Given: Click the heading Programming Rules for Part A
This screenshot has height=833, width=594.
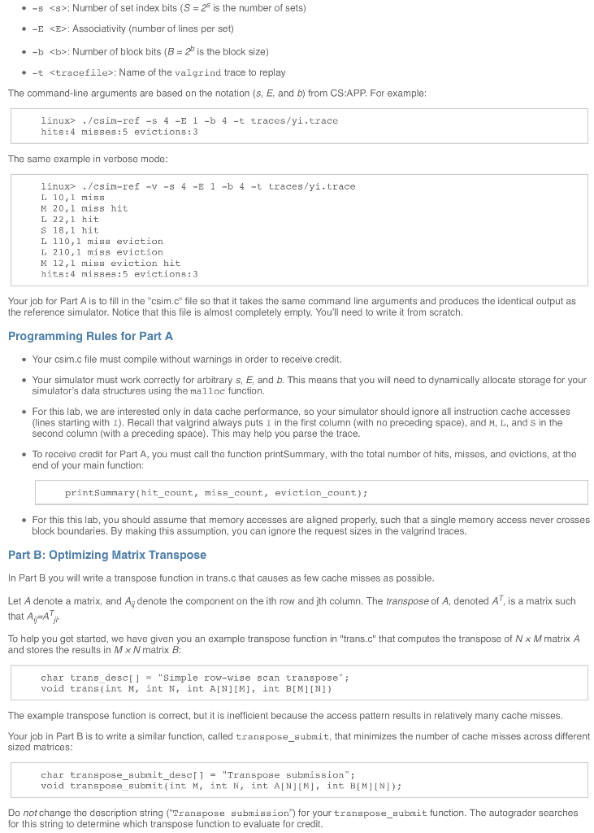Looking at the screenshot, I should tap(90, 336).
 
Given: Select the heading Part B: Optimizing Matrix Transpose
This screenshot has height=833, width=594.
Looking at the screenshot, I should tap(107, 555).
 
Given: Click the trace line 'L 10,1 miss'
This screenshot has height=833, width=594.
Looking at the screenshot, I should tap(72, 198).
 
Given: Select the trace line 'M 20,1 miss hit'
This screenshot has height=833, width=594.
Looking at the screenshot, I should tap(84, 208).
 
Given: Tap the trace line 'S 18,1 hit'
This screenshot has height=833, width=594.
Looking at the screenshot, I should tap(69, 230).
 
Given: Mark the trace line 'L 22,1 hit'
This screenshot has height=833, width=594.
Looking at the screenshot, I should tap(69, 220).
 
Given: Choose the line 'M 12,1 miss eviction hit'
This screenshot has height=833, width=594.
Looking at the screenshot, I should tap(111, 264).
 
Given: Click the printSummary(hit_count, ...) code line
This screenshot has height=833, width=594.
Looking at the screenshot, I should tap(216, 493).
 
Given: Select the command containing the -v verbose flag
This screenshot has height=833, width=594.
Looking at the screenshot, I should tap(197, 186).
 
